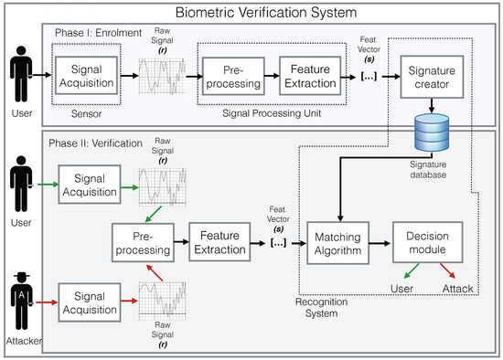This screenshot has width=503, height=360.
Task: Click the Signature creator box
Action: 432,77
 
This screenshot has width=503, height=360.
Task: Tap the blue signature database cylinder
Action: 432,132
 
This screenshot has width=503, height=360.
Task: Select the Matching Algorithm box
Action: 337,243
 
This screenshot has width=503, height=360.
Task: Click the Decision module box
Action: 428,242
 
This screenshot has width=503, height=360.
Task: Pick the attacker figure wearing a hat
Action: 22,301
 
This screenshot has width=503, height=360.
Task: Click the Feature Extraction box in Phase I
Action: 310,76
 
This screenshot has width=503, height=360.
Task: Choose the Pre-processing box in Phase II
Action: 143,243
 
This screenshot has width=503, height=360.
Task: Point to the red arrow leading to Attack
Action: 447,270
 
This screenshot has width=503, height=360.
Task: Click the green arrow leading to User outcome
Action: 412,270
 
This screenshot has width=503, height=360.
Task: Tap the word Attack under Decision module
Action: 457,289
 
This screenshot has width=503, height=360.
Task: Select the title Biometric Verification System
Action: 266,13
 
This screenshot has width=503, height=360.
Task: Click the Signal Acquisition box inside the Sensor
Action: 87,76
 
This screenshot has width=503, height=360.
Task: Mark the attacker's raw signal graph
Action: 162,301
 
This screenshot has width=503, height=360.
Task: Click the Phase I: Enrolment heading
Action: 98,33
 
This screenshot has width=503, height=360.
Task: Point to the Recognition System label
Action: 321,307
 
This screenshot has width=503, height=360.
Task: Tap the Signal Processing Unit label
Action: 272,113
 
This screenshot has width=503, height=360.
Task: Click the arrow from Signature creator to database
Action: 432,105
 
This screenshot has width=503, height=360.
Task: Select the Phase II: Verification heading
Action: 95,143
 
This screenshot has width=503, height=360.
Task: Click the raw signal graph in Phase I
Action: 162,77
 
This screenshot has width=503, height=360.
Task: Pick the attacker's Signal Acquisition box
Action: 90,302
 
